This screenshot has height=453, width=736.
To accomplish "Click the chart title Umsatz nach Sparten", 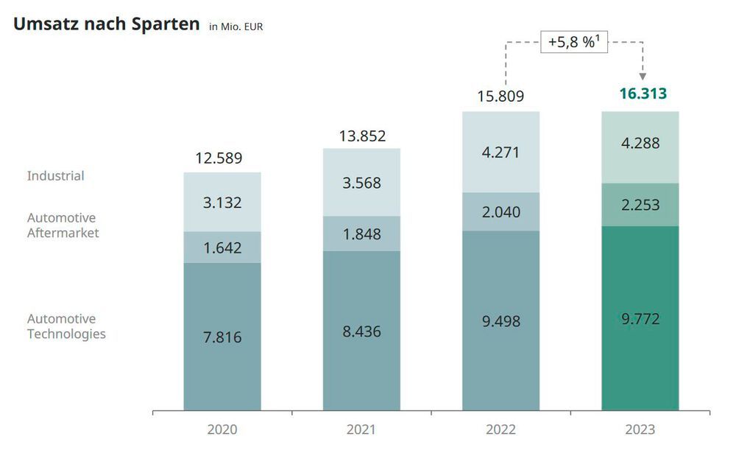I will (x=107, y=24).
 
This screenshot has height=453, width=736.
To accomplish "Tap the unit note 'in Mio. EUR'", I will (x=236, y=27).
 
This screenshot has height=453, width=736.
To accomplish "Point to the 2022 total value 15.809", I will (x=500, y=96).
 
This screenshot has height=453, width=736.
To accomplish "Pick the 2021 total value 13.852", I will (x=361, y=136).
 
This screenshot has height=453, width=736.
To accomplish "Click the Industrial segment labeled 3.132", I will (x=222, y=203).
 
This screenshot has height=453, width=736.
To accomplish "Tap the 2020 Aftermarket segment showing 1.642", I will (x=222, y=247).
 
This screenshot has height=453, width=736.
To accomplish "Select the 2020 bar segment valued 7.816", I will (x=222, y=337).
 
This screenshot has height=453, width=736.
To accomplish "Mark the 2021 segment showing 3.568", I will (x=361, y=183).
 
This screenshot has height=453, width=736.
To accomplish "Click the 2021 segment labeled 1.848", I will (x=361, y=233).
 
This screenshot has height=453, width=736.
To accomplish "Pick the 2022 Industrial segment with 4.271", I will (x=500, y=152).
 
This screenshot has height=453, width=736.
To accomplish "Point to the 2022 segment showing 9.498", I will (x=500, y=320).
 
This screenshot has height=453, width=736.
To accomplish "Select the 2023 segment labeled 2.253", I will (x=640, y=205).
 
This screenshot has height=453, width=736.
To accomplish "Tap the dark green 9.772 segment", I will (x=640, y=318).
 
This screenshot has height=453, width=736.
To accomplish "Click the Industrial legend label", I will (x=56, y=176).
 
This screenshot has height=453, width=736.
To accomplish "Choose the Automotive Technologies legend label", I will (x=66, y=326).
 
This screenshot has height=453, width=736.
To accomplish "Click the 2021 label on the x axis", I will (x=361, y=429).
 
